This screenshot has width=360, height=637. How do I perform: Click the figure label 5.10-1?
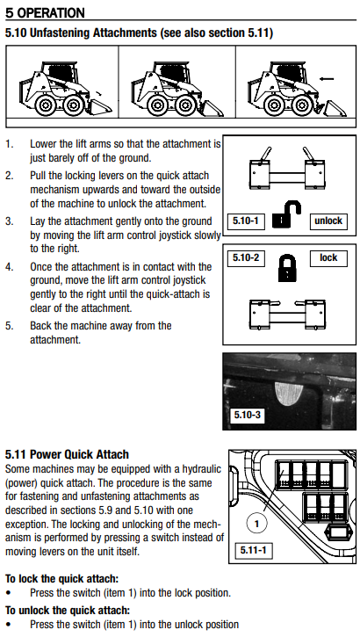tap(246, 221)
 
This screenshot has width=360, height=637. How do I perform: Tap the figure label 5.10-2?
tap(246, 258)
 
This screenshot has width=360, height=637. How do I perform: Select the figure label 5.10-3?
tap(248, 415)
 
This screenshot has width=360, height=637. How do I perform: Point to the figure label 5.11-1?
tap(253, 550)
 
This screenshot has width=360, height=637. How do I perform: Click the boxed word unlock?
tap(328, 221)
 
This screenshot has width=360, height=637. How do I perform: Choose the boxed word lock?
tap(328, 258)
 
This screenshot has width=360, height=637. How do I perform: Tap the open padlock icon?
tap(286, 215)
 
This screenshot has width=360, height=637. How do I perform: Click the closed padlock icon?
tap(287, 268)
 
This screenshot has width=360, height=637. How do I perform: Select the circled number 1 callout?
tap(256, 524)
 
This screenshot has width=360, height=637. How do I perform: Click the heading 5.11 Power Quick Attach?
tap(67, 454)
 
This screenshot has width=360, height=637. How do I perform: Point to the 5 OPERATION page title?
tap(45, 13)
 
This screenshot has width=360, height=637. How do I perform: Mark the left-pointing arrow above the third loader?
tap(327, 79)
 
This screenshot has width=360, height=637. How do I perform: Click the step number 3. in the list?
tap(10, 221)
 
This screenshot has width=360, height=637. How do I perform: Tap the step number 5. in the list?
tap(10, 326)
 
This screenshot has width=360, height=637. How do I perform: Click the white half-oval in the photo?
tap(289, 395)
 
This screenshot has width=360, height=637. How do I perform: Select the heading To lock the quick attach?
tap(61, 579)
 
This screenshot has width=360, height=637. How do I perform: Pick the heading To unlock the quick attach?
tap(68, 610)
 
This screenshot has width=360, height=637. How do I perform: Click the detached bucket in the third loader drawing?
tap(335, 109)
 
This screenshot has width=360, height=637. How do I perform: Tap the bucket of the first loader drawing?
tap(100, 106)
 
